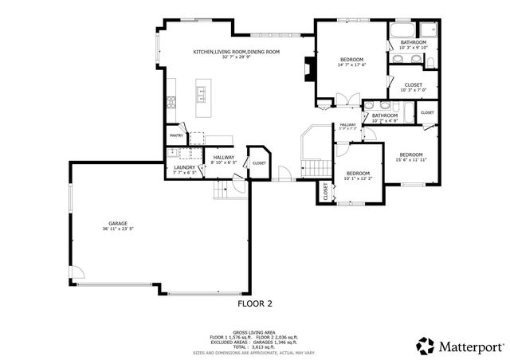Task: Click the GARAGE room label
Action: point(118,224)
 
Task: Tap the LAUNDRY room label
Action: point(185,167)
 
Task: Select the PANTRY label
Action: point(176,136)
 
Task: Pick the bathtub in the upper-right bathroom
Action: point(406,32)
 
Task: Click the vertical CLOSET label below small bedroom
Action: point(325,192)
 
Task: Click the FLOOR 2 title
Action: point(255,303)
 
